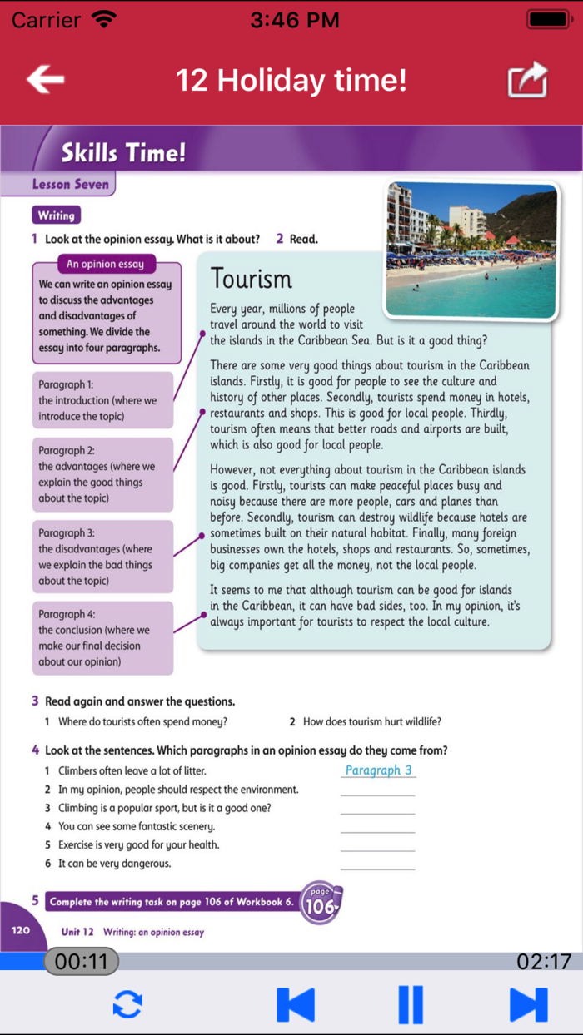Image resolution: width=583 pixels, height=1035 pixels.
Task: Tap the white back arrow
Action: coord(46,80)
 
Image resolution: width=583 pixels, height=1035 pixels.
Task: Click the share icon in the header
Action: coord(528,81)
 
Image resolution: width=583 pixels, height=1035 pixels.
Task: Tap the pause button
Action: coord(411,1004)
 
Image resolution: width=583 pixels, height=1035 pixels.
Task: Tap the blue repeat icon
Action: coord(127,1004)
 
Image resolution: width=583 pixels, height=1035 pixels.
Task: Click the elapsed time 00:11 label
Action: coord(81,962)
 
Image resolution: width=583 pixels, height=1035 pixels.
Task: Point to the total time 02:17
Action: coord(544,962)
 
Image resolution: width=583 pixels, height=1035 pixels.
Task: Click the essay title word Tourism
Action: coord(252,279)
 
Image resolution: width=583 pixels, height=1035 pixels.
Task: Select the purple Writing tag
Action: coord(56,215)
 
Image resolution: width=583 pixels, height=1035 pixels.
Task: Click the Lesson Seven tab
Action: coord(70,185)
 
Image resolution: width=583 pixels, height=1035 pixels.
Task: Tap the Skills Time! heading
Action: coord(123,153)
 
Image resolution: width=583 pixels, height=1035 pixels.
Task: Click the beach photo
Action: coord(471,249)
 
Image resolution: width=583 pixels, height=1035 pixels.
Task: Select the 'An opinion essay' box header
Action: coord(105,265)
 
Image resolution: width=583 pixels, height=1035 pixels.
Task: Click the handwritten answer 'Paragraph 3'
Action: coord(378,770)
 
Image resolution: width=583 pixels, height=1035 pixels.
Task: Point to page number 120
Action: coord(22,929)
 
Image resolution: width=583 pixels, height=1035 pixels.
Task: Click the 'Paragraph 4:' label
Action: coord(67,614)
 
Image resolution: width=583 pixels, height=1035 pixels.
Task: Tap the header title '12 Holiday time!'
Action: coord(291,80)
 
